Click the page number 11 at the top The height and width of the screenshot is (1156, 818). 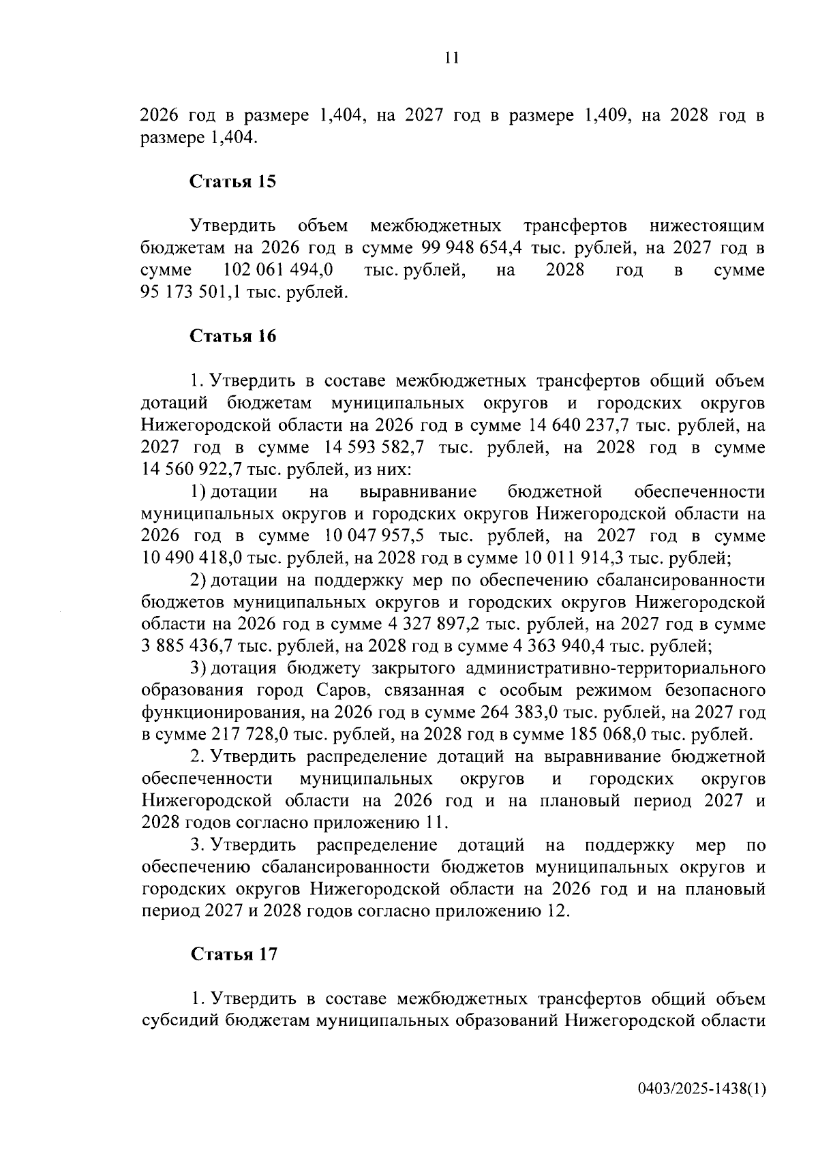click(451, 59)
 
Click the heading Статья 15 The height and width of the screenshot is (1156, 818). click(233, 182)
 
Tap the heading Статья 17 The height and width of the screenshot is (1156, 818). click(233, 954)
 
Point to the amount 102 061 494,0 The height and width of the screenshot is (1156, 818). click(277, 270)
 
